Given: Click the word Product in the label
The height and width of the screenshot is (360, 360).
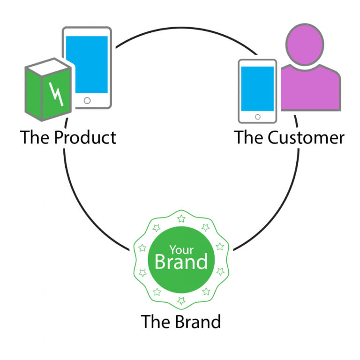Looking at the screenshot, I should tap(85, 138).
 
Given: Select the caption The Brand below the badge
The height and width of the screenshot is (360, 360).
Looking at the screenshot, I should tap(180, 322).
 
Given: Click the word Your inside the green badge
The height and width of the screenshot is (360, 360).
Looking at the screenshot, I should tap(181, 249).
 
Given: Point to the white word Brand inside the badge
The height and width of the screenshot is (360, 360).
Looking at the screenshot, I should tap(181, 262).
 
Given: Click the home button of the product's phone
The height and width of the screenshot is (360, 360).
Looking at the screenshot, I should tap(87, 100).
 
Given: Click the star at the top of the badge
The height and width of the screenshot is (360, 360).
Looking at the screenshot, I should tap(181, 218).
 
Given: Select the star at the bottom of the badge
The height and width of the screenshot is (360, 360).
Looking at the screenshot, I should tap(181, 300).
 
